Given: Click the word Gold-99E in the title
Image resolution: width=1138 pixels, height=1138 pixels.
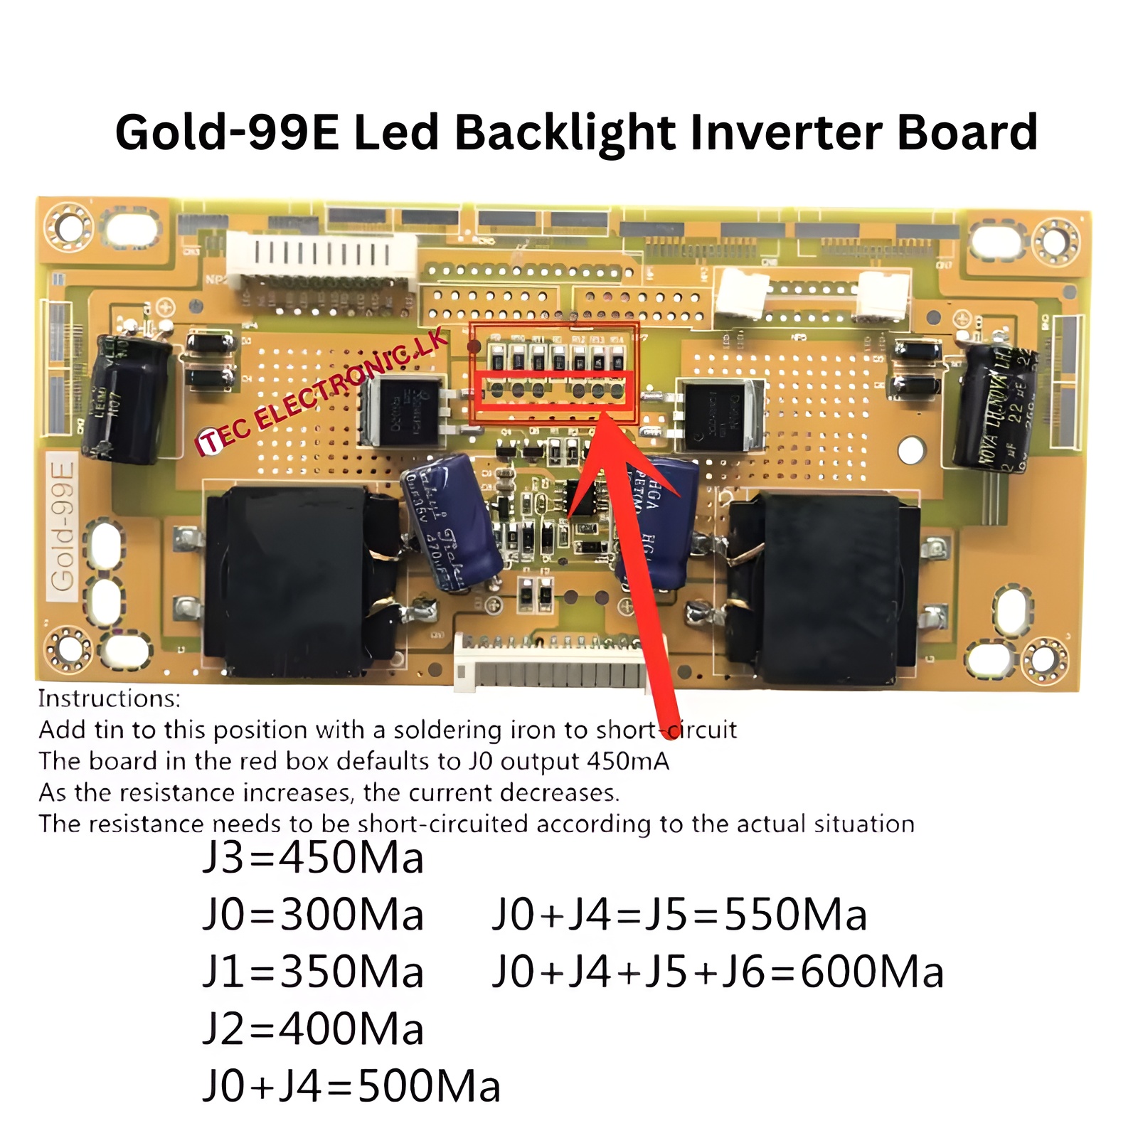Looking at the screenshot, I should pyautogui.click(x=228, y=133).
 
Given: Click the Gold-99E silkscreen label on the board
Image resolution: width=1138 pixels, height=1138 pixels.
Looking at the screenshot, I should pyautogui.click(x=63, y=526).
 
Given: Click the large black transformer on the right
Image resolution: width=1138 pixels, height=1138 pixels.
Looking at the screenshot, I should pyautogui.click(x=825, y=587).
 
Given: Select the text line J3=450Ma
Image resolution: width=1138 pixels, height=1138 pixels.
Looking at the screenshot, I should pyautogui.click(x=313, y=857).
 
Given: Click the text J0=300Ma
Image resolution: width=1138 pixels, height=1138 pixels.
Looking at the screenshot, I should pyautogui.click(x=313, y=915).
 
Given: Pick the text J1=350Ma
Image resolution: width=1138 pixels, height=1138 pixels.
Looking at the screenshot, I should pyautogui.click(x=313, y=972).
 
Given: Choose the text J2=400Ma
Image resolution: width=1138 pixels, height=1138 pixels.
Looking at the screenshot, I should pyautogui.click(x=313, y=1029).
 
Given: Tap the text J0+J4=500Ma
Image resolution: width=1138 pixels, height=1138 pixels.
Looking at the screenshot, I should pyautogui.click(x=351, y=1087).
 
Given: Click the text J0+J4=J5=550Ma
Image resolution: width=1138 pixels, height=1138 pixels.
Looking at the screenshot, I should pyautogui.click(x=679, y=915).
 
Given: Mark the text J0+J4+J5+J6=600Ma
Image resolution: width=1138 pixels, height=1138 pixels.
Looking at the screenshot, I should pyautogui.click(x=718, y=972).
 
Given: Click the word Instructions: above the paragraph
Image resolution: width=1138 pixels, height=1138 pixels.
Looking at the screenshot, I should pyautogui.click(x=110, y=699).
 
